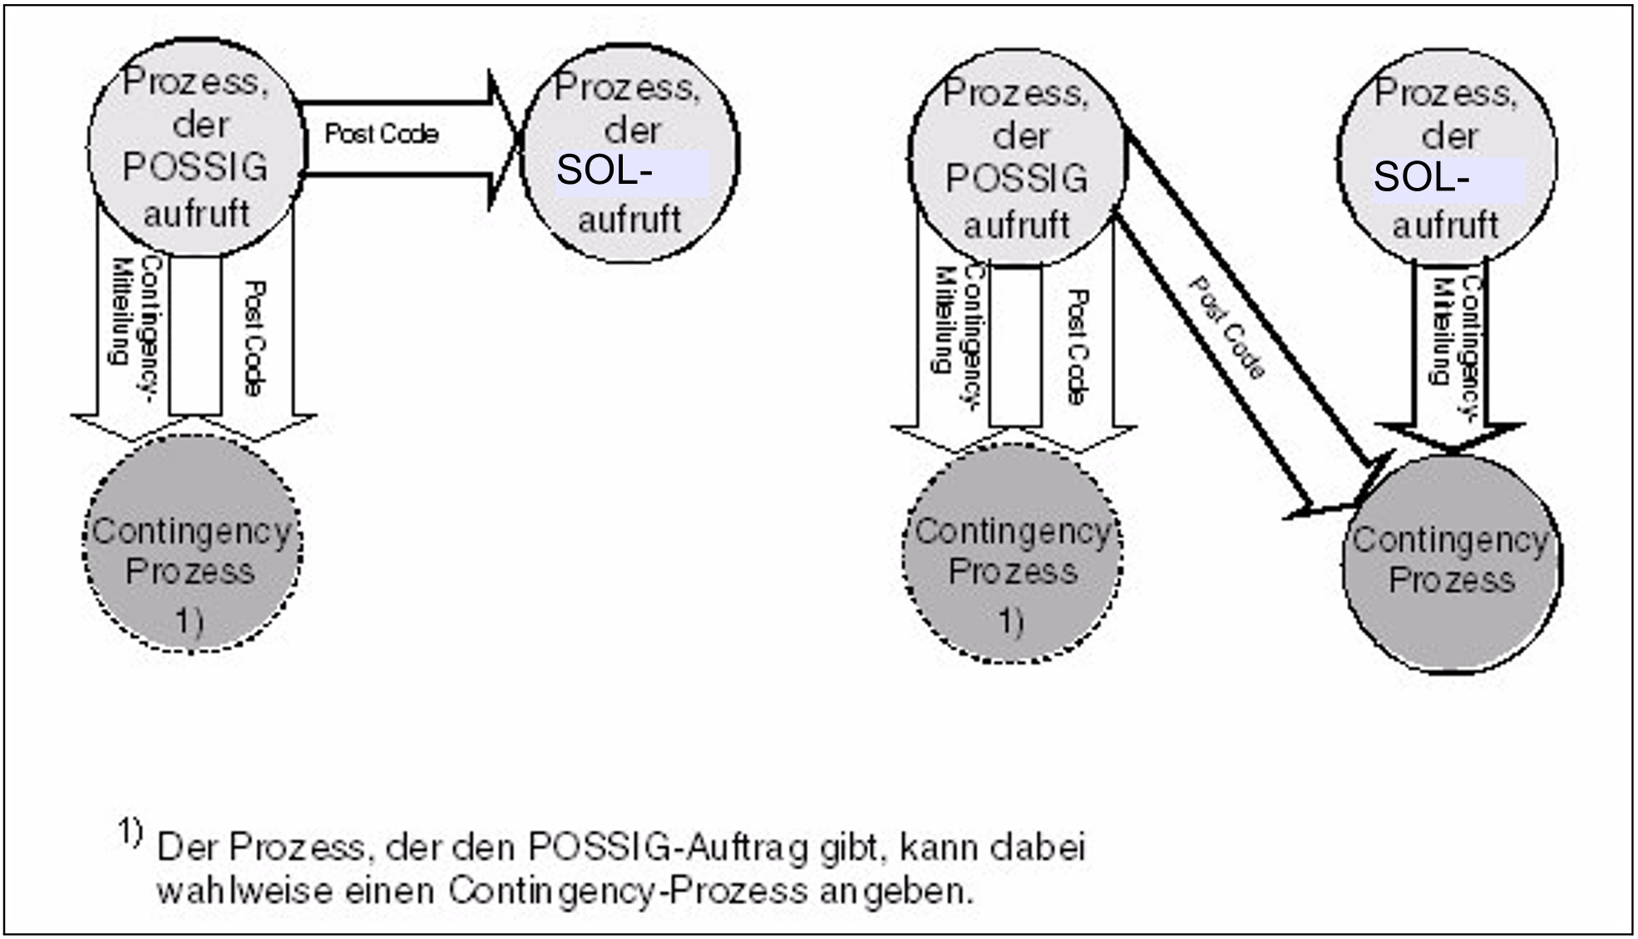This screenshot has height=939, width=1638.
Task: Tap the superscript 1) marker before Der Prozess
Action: pos(130,832)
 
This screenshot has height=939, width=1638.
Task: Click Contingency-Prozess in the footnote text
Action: pos(628,892)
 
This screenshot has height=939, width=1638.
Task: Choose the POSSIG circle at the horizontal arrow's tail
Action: pos(195,147)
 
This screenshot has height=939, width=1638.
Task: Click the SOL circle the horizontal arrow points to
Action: pos(629,154)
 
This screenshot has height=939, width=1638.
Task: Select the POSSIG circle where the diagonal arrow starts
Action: pos(1017,158)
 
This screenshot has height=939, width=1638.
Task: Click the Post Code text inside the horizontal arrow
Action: pos(382,134)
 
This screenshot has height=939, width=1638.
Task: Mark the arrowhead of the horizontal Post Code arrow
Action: pos(503,140)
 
